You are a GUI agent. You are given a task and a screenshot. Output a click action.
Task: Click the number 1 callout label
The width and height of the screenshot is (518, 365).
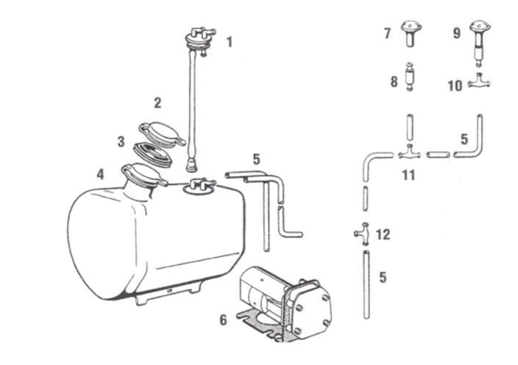click(x=229, y=42)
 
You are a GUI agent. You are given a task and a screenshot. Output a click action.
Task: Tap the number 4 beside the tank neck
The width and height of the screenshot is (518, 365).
click(x=101, y=174)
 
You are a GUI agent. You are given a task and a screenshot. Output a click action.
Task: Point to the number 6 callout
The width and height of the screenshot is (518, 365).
click(x=223, y=320)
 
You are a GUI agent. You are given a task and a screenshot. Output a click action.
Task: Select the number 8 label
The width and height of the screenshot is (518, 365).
click(x=394, y=81)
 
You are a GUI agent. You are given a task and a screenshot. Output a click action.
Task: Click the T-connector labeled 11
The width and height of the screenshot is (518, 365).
click(x=410, y=153)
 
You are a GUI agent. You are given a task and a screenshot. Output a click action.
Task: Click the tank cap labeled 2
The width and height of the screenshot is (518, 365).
click(x=162, y=133)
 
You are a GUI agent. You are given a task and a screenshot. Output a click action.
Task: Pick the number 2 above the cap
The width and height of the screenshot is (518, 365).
click(x=157, y=102)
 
